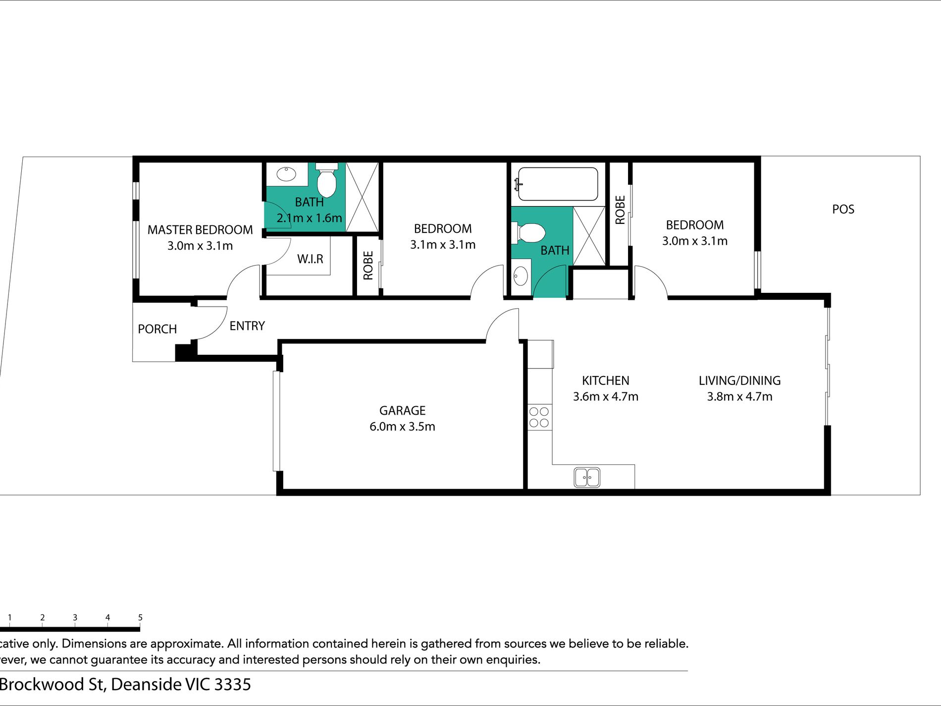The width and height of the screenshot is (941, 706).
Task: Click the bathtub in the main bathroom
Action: [557, 183]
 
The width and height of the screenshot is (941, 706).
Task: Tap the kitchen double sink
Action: [587, 478]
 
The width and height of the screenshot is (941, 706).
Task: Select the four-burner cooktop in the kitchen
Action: [539, 417]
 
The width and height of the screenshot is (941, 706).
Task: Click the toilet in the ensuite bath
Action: [326, 181]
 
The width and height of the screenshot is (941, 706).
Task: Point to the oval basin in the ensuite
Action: [286, 174]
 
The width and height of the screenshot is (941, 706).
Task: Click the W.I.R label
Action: [310, 259]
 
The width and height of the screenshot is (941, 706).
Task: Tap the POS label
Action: [843, 209]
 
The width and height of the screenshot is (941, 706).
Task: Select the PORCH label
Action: [157, 329]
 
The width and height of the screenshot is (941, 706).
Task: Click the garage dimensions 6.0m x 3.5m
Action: [402, 427]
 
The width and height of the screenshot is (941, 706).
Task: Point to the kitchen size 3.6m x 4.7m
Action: [605, 397]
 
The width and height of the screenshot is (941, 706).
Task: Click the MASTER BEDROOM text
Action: [200, 230]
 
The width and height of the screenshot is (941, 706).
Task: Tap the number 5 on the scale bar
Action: [140, 617]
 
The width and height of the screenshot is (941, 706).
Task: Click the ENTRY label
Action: [247, 326]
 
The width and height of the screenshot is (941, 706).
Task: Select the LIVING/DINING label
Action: [739, 380]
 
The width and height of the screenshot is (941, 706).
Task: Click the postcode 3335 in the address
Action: [232, 684]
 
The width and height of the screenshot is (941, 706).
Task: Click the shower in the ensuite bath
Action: [362, 197]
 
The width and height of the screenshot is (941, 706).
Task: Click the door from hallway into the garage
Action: [503, 325]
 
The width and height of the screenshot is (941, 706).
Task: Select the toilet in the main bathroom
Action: [531, 233]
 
